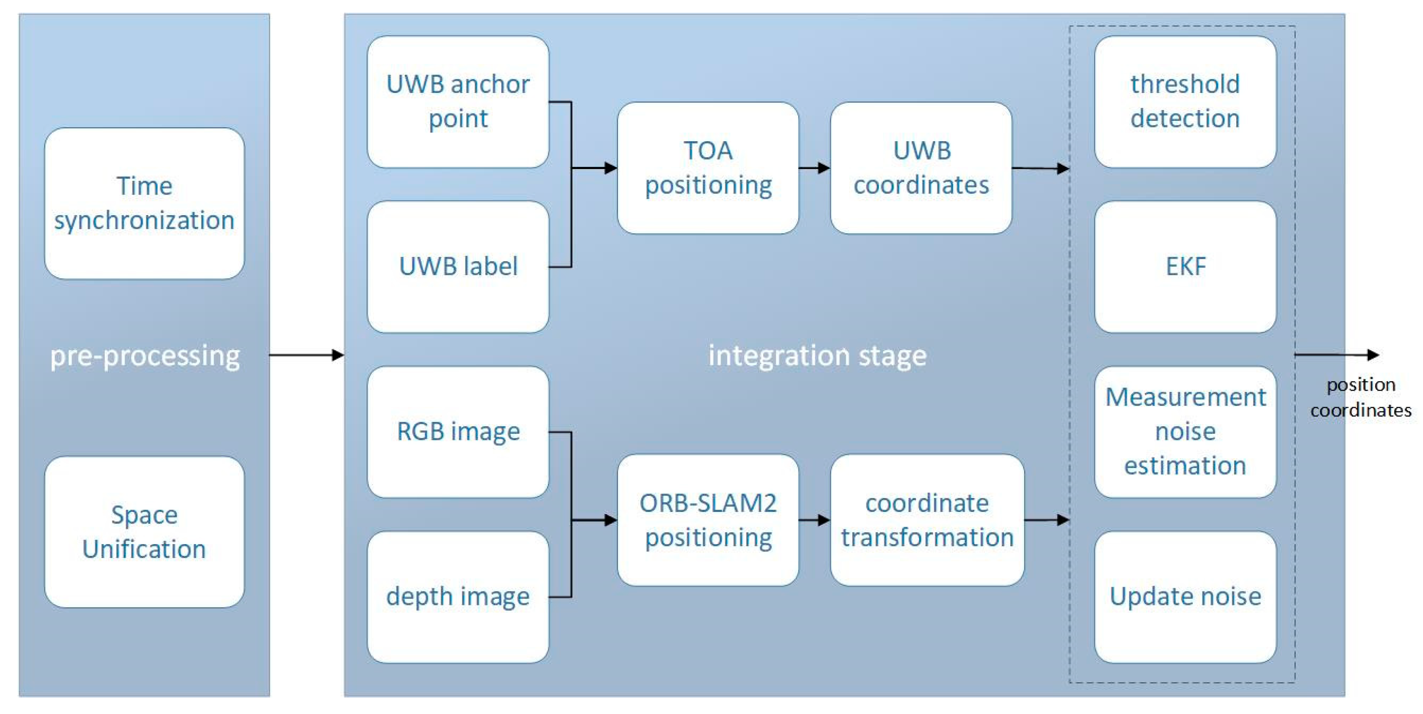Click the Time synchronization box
pos(144,203)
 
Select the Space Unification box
pos(144,531)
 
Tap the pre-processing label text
pos(145,356)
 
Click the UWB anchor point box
pos(458,102)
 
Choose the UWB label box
pos(458,266)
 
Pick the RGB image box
pos(458,432)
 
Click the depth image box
pos(458,597)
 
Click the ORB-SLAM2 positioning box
pos(708,520)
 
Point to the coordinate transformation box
pos(927,520)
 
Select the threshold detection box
pos(1185,102)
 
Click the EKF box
pos(1185,266)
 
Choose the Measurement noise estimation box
pos(1185,432)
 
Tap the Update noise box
pos(1185,597)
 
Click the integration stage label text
pos(817,355)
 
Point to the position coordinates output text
pos(1360,397)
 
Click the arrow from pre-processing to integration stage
pos(307,355)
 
